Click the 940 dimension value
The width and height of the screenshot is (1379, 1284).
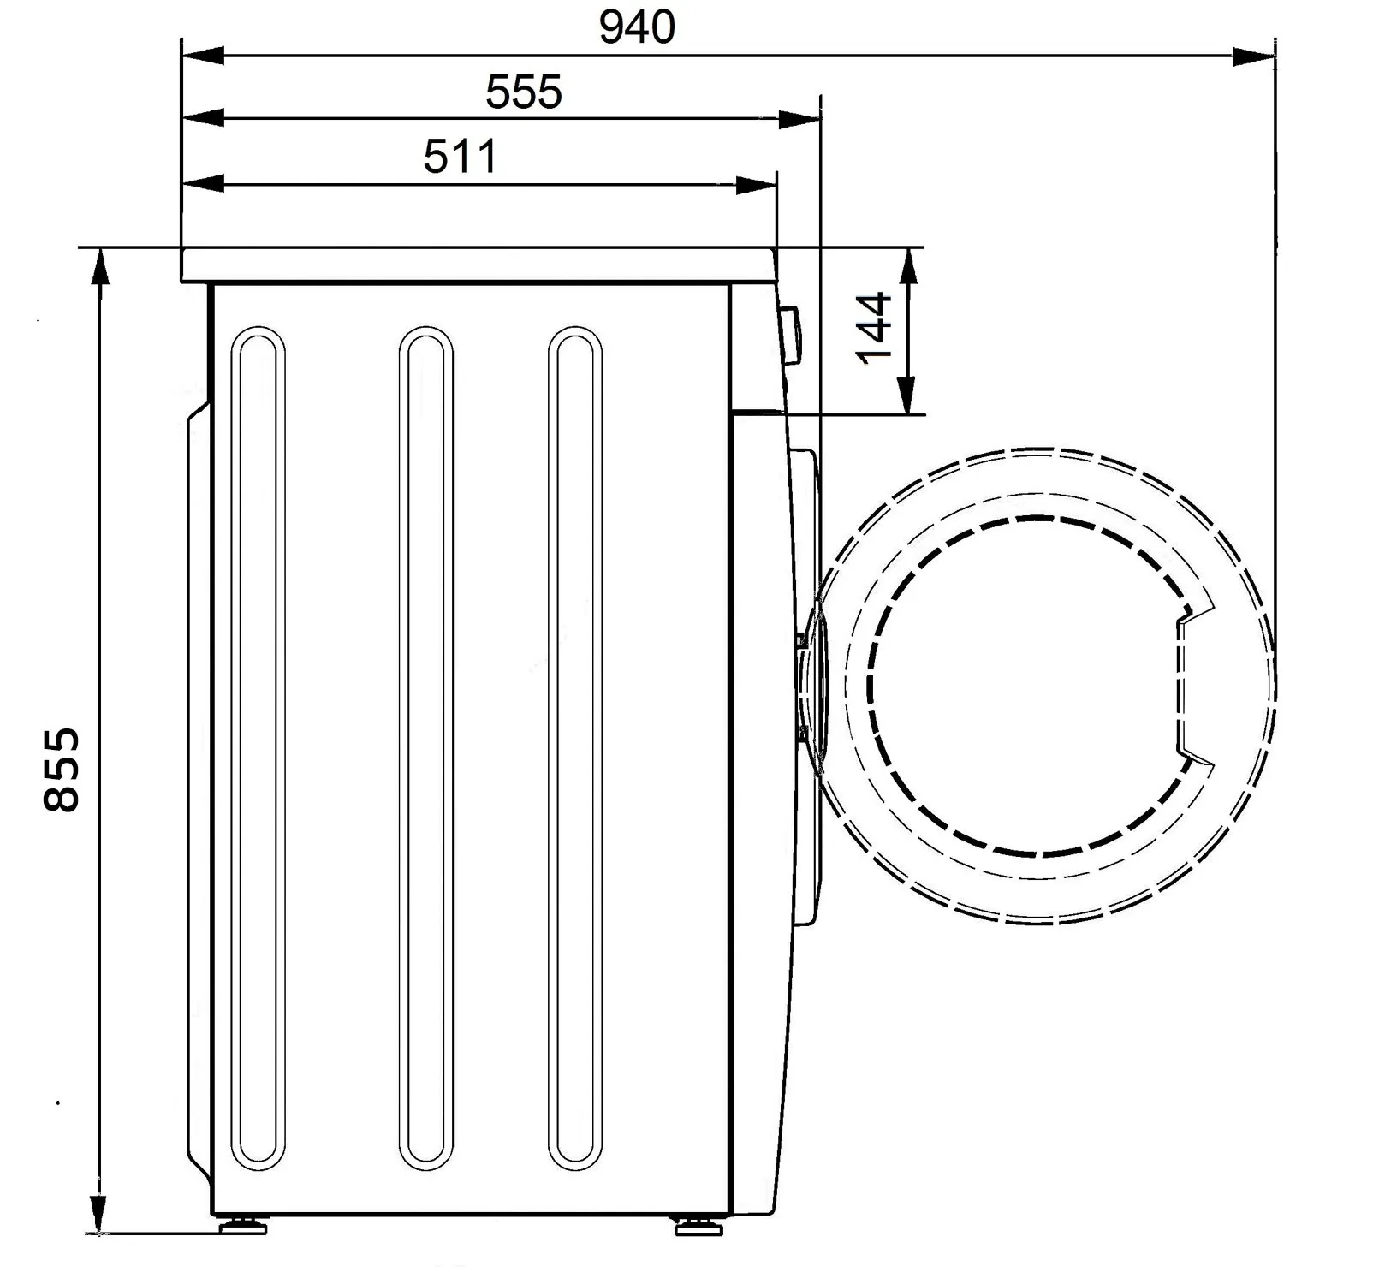tap(637, 27)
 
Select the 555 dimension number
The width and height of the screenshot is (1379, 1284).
tap(524, 92)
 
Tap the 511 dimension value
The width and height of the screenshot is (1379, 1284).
tap(461, 157)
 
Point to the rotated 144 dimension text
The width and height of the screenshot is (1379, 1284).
tap(874, 328)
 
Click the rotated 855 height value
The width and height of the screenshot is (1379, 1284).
tap(62, 768)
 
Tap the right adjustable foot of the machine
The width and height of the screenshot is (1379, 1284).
tap(698, 1226)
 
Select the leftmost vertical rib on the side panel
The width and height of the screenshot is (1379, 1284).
tap(258, 876)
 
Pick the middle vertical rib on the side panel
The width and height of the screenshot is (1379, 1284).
tap(425, 876)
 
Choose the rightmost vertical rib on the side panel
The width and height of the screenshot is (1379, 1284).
tap(574, 876)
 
